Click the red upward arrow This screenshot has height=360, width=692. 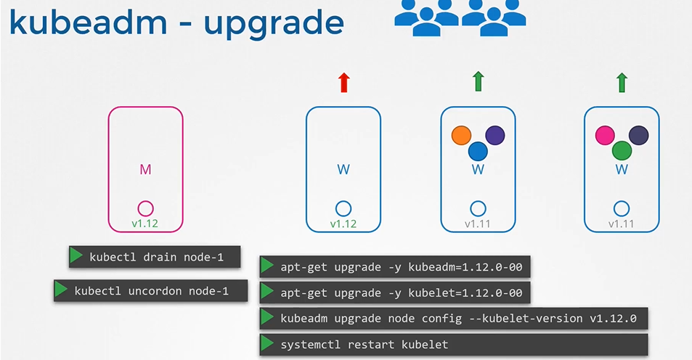[344, 82]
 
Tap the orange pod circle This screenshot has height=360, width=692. [461, 135]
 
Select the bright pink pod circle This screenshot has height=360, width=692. [605, 135]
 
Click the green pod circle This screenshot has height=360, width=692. [622, 151]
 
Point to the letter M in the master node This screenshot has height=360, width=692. [145, 169]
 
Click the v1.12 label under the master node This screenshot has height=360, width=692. [145, 223]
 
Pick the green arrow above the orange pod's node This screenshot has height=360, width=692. [478, 82]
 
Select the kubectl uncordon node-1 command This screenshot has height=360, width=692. [151, 291]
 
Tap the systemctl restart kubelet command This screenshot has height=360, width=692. [364, 345]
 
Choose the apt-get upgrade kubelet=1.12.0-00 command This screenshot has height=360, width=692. [401, 293]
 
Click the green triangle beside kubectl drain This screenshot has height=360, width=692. [76, 256]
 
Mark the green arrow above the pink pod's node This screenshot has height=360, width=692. [622, 82]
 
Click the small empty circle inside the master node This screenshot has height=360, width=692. [145, 208]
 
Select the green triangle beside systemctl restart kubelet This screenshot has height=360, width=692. [267, 344]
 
